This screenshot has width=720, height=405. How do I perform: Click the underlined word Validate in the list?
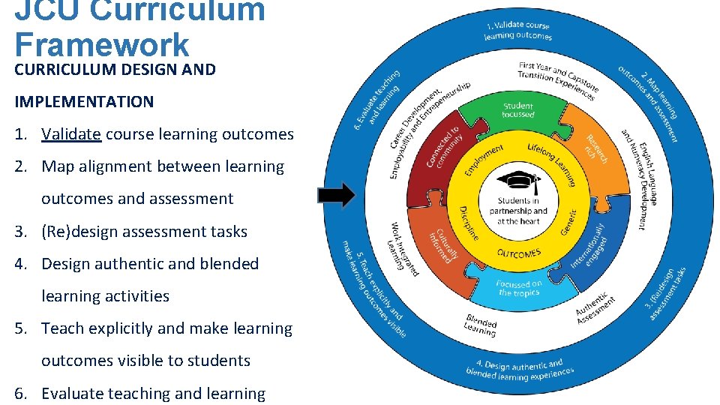click(x=71, y=134)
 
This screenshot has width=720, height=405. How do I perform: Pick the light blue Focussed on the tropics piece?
click(x=520, y=288)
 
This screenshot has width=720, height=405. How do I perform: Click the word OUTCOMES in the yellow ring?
click(x=519, y=253)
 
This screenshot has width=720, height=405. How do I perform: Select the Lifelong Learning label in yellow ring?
click(x=551, y=162)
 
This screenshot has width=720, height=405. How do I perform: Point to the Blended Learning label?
click(x=480, y=325)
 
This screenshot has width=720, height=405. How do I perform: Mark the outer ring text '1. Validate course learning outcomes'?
click(x=519, y=30)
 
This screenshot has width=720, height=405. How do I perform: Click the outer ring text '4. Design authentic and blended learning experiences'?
click(x=520, y=369)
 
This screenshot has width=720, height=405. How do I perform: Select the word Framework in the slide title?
click(x=102, y=45)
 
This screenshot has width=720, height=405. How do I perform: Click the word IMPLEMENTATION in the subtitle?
click(x=84, y=102)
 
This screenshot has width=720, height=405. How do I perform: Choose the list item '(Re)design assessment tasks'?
click(x=144, y=232)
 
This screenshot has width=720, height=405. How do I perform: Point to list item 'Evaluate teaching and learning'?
click(x=153, y=394)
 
